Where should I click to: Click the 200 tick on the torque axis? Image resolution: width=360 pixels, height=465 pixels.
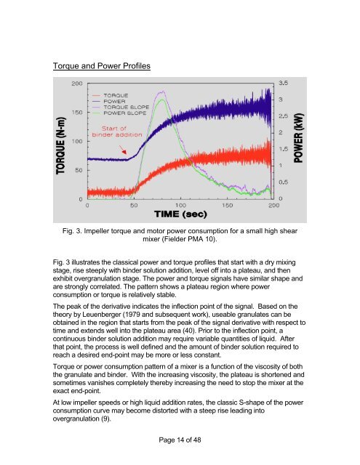(76, 84)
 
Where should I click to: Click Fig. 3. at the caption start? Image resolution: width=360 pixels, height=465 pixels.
(75, 232)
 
